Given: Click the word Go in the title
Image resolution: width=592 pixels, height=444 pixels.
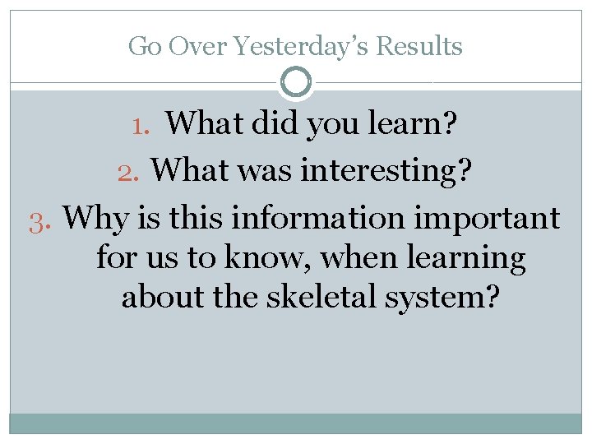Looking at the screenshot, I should click(145, 47).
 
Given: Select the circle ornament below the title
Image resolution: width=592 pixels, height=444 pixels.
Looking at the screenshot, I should click(296, 82).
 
